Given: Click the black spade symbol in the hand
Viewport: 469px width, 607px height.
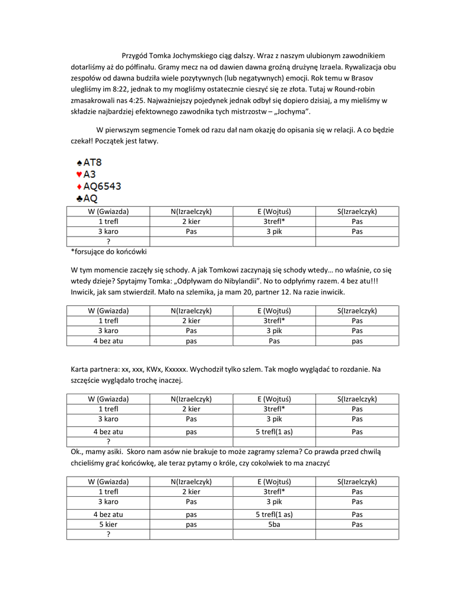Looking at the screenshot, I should click(x=79, y=162).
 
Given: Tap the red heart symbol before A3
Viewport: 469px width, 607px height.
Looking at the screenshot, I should click(x=79, y=174).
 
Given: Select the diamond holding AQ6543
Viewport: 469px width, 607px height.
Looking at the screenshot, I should click(x=79, y=186).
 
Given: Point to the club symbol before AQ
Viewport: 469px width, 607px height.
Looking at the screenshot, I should click(x=79, y=199).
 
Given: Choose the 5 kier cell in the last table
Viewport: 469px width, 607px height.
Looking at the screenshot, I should click(x=108, y=525).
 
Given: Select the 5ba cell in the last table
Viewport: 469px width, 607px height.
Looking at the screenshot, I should click(x=274, y=525).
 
